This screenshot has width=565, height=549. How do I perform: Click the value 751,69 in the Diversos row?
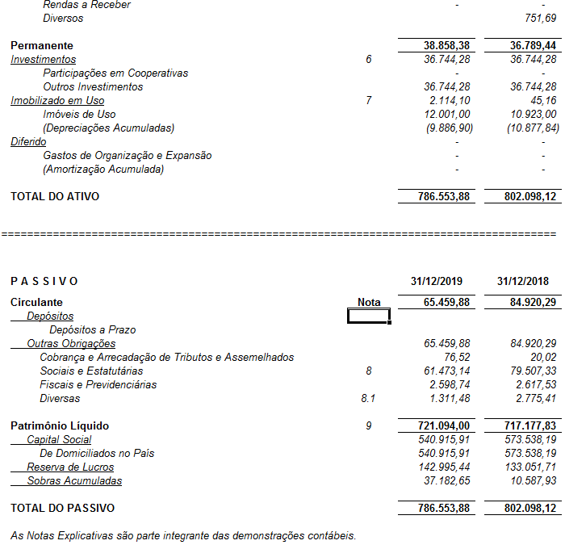coord(541,18)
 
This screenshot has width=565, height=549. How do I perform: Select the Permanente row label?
coord(42,46)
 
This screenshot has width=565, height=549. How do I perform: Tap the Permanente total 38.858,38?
coord(442,46)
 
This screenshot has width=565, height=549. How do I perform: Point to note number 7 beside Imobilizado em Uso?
coord(369,101)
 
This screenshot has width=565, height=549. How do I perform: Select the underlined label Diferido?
coord(28,142)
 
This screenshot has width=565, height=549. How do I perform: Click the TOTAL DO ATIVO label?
coord(55,196)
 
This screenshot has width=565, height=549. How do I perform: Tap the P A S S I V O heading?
coord(44,281)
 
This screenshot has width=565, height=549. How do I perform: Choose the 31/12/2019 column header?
coord(437,281)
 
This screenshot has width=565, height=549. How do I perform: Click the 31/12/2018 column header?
coord(523,281)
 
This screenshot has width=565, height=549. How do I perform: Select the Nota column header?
coord(369,303)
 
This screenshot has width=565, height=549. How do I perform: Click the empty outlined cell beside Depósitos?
coord(369,316)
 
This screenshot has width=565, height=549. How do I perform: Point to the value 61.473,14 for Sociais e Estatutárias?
coord(448,371)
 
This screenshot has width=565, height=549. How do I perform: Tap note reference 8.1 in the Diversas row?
coord(369,399)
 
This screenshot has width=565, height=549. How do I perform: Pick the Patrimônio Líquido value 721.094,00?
coord(442,425)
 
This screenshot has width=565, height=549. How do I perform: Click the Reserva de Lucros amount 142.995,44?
coord(448,467)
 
